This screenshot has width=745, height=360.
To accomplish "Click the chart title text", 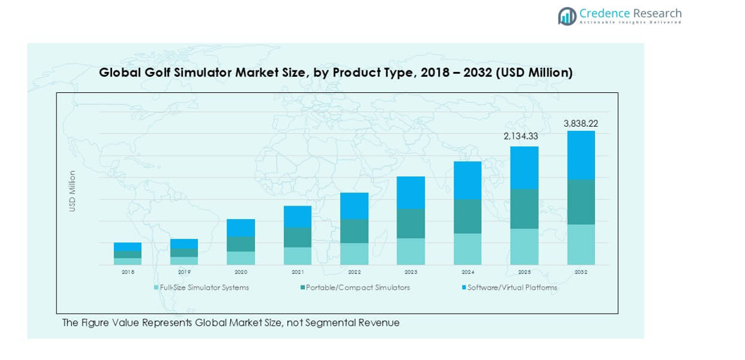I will (335, 73).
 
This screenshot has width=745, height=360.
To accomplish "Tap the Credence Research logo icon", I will (567, 16).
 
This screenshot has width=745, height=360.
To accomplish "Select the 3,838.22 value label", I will (580, 123).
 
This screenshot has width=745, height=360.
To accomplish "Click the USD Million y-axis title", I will (72, 191).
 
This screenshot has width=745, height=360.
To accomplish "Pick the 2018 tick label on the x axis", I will (127, 272).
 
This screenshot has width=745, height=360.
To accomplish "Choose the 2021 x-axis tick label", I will (297, 272).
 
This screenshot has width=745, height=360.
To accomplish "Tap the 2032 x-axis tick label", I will (580, 272).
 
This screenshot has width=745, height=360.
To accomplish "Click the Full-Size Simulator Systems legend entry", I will (201, 287).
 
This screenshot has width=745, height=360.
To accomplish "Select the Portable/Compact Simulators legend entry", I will (355, 287).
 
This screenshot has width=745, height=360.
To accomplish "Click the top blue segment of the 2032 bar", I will (580, 155).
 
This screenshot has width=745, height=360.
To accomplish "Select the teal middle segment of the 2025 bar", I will (524, 209).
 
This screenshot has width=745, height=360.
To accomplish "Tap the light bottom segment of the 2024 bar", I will (468, 249).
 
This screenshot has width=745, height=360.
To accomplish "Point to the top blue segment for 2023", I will (411, 192).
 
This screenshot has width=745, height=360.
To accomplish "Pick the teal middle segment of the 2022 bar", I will (354, 231).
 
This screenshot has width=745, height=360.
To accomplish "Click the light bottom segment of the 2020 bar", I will (241, 258).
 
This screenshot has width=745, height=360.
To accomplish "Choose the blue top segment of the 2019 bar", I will (184, 244).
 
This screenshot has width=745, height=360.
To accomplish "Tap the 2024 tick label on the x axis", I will (468, 272).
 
